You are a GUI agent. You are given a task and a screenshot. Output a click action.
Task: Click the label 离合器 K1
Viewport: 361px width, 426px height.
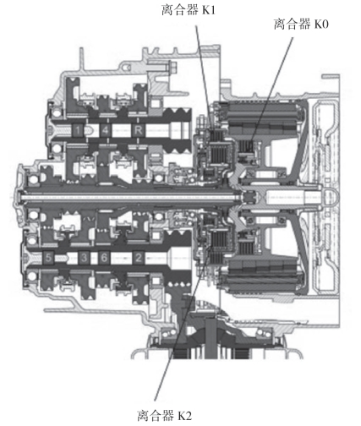pos(189,10)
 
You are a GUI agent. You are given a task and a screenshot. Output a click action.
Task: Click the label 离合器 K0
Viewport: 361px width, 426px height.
pos(301,24)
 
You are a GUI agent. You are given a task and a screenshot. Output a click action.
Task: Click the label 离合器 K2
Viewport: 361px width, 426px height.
pos(164,416)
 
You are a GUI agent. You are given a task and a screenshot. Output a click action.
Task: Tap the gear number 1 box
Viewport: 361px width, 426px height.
pos(79,130)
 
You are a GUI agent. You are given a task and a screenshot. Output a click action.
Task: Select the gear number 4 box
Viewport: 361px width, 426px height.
pos(106,130)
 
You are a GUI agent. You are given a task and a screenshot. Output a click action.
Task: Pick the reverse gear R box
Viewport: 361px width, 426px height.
pos(139,130)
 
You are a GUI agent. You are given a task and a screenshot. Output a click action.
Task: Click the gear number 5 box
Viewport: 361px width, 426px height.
pos(48,258)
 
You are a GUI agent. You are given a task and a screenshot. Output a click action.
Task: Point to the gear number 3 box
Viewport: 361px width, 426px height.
pos(84,258)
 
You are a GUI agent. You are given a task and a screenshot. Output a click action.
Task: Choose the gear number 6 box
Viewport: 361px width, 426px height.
pos(104,258)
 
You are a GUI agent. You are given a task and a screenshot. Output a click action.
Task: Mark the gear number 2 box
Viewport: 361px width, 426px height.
pos(139,258)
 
